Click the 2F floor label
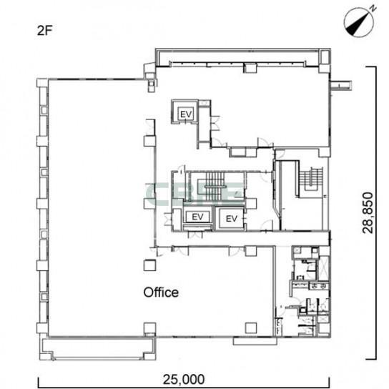(x=44, y=31)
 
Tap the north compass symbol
(x=360, y=22)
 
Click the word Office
(x=161, y=292)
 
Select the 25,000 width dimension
(x=184, y=379)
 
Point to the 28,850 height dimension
(x=368, y=212)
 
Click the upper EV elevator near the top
(x=186, y=114)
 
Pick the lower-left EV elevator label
(x=198, y=217)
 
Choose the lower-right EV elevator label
(x=232, y=219)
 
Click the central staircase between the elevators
(x=215, y=186)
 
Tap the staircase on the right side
(x=310, y=179)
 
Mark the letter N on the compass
(x=373, y=9)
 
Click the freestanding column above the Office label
(x=150, y=265)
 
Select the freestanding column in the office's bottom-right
(x=251, y=328)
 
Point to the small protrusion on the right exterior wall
(x=341, y=86)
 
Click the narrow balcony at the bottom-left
(x=98, y=348)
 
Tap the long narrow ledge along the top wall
(x=237, y=57)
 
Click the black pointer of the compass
(x=357, y=26)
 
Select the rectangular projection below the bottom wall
(x=255, y=341)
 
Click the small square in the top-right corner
(x=325, y=57)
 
